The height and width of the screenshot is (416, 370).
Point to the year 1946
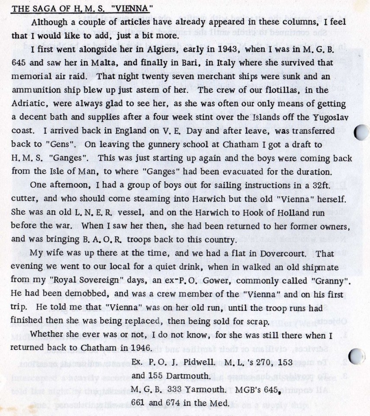[138, 348]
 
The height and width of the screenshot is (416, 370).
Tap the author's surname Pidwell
[210, 361]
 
